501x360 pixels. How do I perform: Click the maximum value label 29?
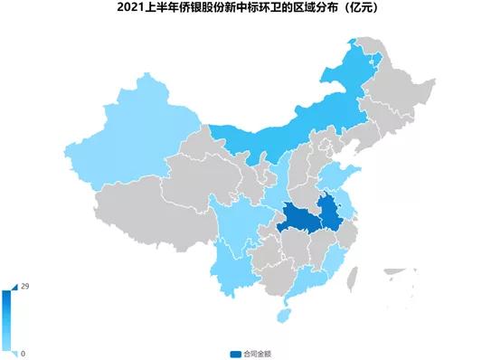pyautogui.click(x=26, y=287)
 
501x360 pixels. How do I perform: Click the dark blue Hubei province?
pyautogui.click(x=298, y=218)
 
